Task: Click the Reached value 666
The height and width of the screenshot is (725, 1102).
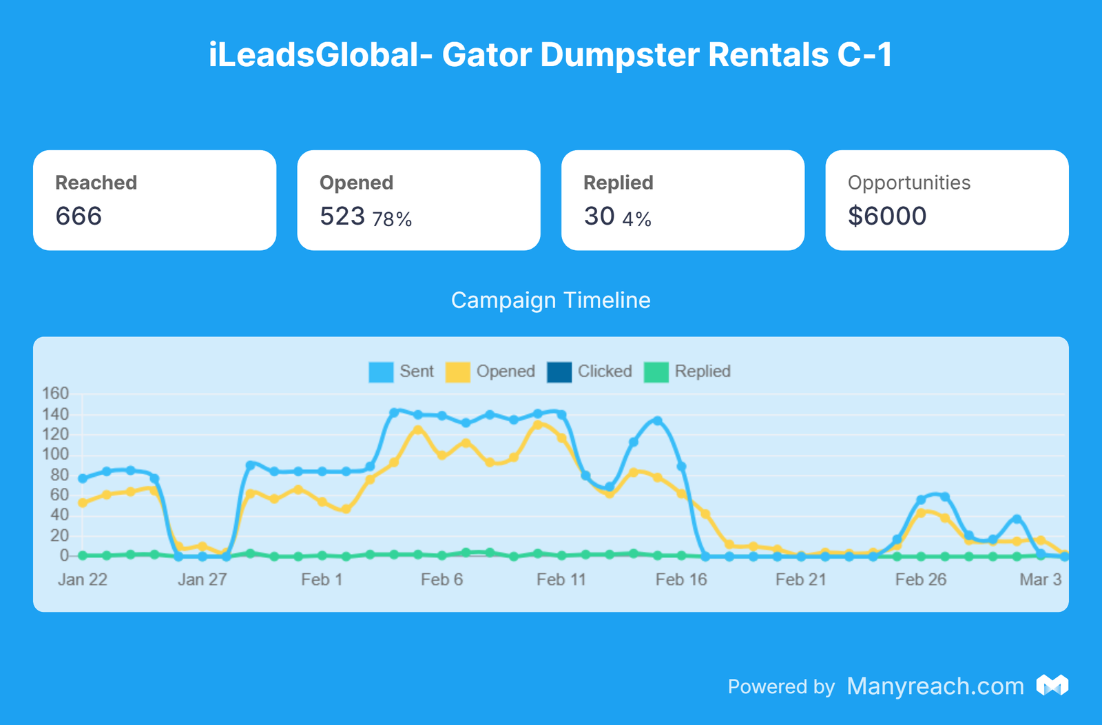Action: coord(79,216)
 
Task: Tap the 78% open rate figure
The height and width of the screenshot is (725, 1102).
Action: coord(392,219)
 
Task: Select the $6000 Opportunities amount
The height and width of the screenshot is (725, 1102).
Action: coord(887,216)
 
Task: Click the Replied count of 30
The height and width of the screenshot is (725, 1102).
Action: coord(599,216)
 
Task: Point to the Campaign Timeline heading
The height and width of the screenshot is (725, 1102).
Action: coord(550,300)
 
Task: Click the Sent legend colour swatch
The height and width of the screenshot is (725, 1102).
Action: coord(381,372)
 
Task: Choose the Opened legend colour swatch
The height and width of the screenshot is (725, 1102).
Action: coord(457,372)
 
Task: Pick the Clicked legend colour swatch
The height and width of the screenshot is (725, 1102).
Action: coord(559,372)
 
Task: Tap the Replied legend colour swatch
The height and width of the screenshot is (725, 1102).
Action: coord(656,372)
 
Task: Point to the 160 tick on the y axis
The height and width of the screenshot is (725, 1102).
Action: coord(56,394)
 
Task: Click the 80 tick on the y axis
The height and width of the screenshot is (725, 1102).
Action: coord(60,475)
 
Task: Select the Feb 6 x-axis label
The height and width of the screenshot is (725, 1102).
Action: coord(441,580)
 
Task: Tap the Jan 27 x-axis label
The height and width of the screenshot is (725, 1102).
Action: coord(202,580)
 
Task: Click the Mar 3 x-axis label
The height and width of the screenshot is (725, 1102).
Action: coord(1040,580)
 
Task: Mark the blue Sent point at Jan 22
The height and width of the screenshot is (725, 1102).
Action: coord(83,478)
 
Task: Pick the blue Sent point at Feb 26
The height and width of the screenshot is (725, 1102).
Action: coord(921,500)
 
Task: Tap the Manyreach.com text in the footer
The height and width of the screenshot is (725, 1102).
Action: coord(935,686)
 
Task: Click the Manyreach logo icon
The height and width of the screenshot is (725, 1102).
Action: coord(1052,685)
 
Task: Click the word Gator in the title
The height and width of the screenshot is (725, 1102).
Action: coord(486,55)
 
